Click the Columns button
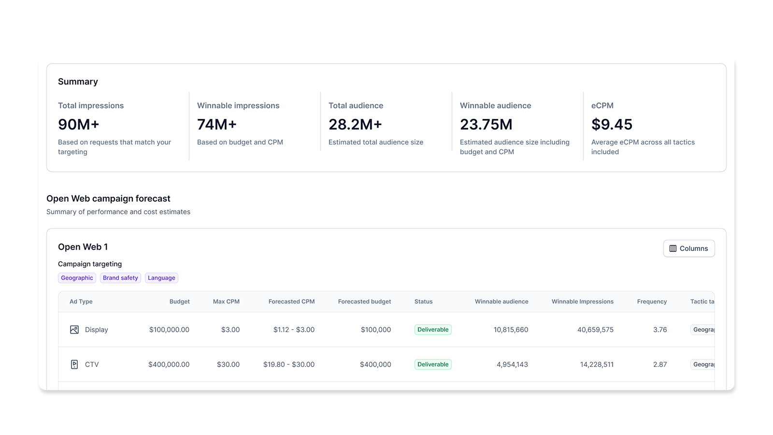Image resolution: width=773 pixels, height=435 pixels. point(688,248)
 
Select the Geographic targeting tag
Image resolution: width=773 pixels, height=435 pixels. point(77,278)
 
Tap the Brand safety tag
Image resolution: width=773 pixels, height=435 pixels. point(120,278)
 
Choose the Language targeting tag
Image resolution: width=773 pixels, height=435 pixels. point(161,278)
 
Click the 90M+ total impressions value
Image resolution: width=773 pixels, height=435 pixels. point(79,125)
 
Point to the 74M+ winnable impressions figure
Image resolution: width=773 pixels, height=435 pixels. point(217,125)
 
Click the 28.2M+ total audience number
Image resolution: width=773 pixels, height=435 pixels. point(355,125)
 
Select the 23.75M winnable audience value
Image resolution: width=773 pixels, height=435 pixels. point(486,125)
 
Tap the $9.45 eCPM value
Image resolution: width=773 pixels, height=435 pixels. point(612,125)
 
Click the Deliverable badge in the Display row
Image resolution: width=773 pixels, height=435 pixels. point(433,330)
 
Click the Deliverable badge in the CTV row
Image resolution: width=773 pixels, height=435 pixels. point(433,364)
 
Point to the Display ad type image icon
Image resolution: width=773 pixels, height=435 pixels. point(74,330)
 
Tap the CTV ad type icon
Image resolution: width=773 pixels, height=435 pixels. point(74,364)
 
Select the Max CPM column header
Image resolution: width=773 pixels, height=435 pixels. point(226,302)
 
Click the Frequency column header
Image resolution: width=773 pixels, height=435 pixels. point(652,302)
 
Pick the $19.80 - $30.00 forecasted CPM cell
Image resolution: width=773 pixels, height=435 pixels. point(289,364)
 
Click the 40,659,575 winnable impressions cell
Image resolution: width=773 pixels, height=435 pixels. point(595,330)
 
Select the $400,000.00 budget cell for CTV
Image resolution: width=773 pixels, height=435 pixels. point(169,364)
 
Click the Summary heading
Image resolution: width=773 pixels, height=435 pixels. point(78,82)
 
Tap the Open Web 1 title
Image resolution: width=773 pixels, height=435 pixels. point(83,247)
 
